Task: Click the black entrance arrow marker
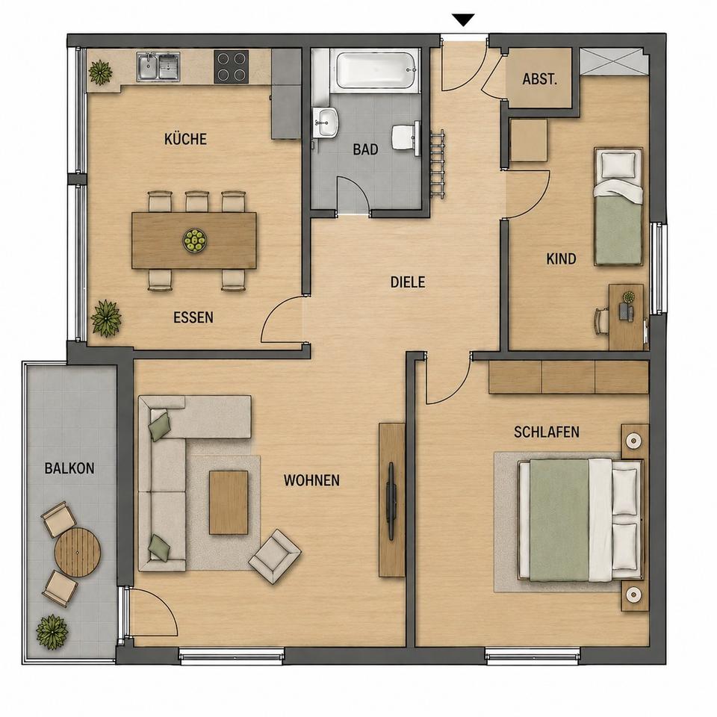coord(464,20)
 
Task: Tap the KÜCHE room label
coord(186,139)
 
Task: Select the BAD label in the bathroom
coord(365,149)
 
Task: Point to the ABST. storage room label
coord(540,79)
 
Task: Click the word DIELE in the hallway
coord(408,282)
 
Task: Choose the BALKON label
coord(69,468)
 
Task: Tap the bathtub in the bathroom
coord(378,70)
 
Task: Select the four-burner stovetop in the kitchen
coord(232,66)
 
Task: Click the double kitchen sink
coord(158,66)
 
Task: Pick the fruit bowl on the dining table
coord(195,240)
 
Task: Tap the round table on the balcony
coord(78,553)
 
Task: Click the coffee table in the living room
coord(229,503)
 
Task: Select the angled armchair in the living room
coord(274,556)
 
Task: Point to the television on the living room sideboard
coord(391,501)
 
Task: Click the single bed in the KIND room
coord(618,206)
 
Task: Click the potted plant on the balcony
coord(52,632)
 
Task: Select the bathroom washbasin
coord(326,122)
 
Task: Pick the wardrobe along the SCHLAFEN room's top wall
coord(569,376)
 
